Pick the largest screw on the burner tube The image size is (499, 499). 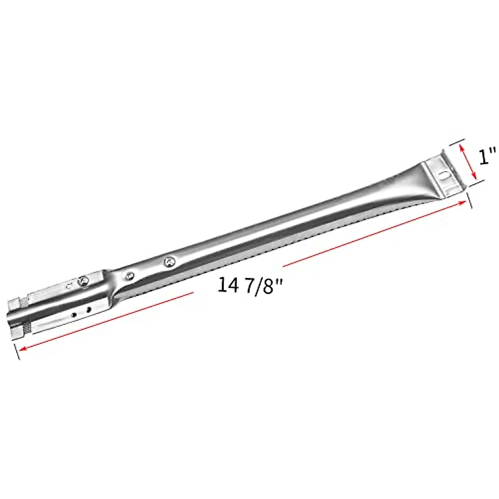pyautogui.click(x=169, y=262)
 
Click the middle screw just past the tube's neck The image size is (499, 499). pyautogui.click(x=130, y=275)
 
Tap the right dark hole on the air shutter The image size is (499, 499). pyautogui.click(x=88, y=310)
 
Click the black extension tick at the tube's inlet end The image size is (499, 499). pyautogui.click(x=16, y=349)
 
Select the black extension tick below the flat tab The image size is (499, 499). pyautogui.click(x=470, y=198)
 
